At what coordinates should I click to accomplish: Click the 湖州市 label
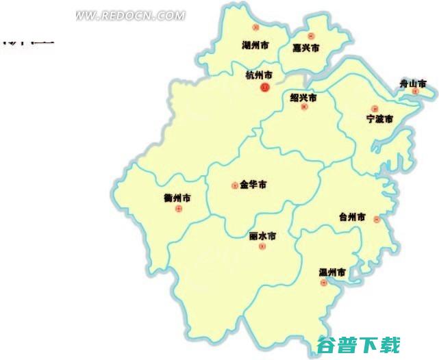pyautogui.click(x=255, y=46)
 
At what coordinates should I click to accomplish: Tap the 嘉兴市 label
pyautogui.click(x=306, y=48)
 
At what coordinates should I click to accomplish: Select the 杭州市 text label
pyautogui.click(x=259, y=75)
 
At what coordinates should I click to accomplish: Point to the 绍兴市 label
pyautogui.click(x=303, y=98)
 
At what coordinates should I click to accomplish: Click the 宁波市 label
pyautogui.click(x=379, y=119)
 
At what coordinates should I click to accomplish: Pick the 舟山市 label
pyautogui.click(x=413, y=83)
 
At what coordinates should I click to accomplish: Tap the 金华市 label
pyautogui.click(x=253, y=185)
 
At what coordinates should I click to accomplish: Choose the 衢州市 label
pyautogui.click(x=177, y=198)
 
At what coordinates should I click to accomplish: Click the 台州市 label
pyautogui.click(x=352, y=217)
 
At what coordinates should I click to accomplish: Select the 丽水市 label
pyautogui.click(x=262, y=236)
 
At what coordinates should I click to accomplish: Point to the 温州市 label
pyautogui.click(x=332, y=272)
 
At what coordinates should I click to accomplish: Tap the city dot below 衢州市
pyautogui.click(x=179, y=209)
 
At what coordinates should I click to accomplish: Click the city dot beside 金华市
pyautogui.click(x=235, y=185)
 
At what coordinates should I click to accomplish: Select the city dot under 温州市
pyautogui.click(x=323, y=283)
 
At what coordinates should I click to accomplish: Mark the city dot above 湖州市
pyautogui.click(x=255, y=28)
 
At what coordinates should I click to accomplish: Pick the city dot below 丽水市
pyautogui.click(x=262, y=246)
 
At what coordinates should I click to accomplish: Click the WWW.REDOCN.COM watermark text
pyautogui.click(x=130, y=15)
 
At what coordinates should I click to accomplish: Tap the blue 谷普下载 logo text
pyautogui.click(x=358, y=345)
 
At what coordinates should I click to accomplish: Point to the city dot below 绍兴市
pyautogui.click(x=305, y=107)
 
